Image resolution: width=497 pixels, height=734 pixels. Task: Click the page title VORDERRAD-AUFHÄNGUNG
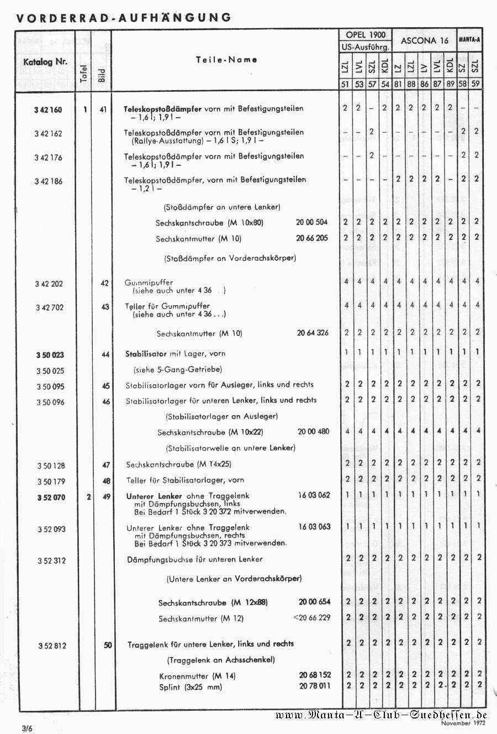124,18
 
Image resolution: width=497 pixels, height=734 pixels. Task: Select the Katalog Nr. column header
45,62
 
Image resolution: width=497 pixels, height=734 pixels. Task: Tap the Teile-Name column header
226,60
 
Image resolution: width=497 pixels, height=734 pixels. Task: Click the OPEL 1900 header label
366,35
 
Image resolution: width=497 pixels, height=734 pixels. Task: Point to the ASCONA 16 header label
424,41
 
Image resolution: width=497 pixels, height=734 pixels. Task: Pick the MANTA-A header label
469,40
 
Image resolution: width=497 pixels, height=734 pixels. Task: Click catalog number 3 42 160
48,110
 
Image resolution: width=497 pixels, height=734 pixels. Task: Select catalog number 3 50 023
50,355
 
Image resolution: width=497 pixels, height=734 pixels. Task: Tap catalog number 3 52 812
52,646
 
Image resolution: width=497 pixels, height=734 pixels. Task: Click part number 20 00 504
311,222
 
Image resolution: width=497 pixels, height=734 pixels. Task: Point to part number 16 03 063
314,527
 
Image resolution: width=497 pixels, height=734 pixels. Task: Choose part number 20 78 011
315,686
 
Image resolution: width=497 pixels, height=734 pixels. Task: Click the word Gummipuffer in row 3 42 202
149,282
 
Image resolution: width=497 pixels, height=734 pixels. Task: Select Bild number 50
108,645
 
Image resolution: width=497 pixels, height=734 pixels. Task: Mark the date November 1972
463,723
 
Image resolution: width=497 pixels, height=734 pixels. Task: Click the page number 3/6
28,728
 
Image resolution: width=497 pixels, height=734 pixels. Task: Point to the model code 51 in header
345,84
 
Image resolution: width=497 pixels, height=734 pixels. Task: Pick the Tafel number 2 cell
88,497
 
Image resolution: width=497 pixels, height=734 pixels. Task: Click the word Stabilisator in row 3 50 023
146,354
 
